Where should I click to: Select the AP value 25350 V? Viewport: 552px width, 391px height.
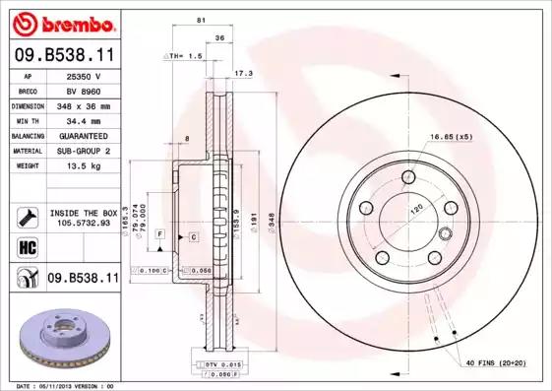point(85,75)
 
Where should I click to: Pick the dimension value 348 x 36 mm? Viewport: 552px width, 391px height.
point(85,104)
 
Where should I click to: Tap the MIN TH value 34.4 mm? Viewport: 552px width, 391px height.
point(85,119)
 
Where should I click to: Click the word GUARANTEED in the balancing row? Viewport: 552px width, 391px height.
point(85,135)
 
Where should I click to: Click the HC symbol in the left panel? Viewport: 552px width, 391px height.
point(27,246)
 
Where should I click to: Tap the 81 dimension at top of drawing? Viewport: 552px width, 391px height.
point(202,20)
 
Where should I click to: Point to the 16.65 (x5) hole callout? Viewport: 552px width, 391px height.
point(452,136)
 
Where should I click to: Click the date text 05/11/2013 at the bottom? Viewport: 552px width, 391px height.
point(60,386)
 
